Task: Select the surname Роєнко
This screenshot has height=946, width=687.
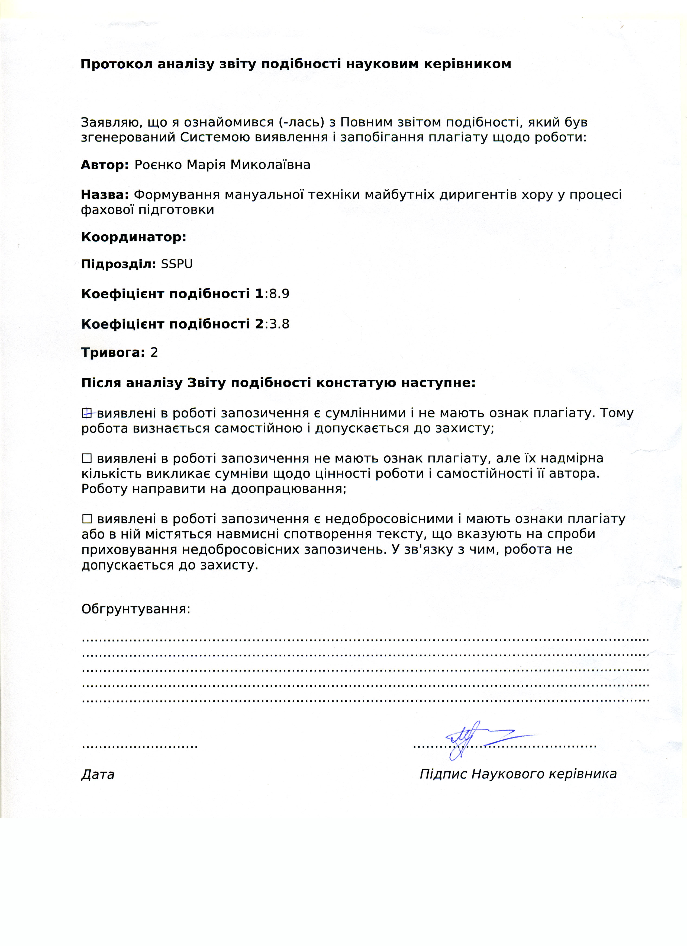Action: pos(159,165)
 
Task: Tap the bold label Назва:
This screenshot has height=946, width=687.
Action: pos(105,195)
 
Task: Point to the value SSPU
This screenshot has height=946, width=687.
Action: pos(177,264)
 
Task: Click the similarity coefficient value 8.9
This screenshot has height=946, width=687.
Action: pos(279,294)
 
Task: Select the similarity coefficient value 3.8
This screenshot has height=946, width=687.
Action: pos(279,324)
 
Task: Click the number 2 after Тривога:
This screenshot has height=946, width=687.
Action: pos(154,353)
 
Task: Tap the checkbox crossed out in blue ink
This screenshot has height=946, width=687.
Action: pos(87,413)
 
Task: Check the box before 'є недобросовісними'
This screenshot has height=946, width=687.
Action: pos(87,519)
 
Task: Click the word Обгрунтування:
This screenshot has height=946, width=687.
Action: pos(136,609)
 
